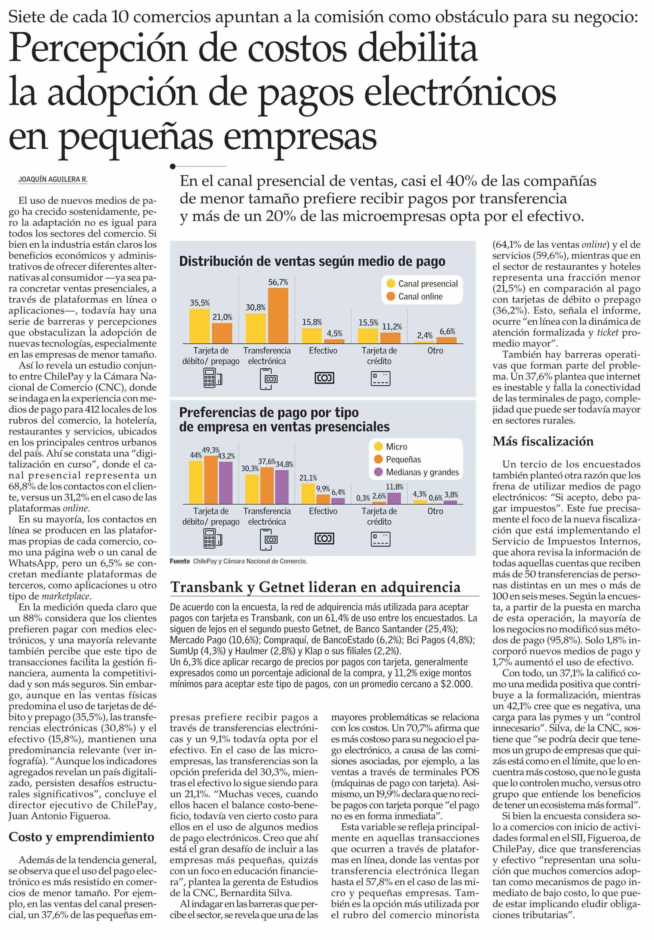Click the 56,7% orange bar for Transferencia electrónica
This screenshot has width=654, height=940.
pos(278,315)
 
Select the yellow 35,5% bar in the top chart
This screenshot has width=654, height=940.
pos(199,326)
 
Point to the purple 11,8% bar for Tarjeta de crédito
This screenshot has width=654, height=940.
pos(394,498)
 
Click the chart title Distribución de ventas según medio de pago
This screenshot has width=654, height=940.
pos(312,261)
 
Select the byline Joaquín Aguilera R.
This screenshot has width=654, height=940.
pos(53,179)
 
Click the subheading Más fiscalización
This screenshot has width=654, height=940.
pos(543,441)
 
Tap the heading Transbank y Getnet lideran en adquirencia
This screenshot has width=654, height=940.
pos(315,587)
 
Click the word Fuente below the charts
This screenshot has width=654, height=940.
pos(180,561)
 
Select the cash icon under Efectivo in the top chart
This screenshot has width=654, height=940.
pos(324,378)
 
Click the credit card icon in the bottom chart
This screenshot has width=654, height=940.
pos(380,539)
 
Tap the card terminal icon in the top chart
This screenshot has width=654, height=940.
pos(212,378)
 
